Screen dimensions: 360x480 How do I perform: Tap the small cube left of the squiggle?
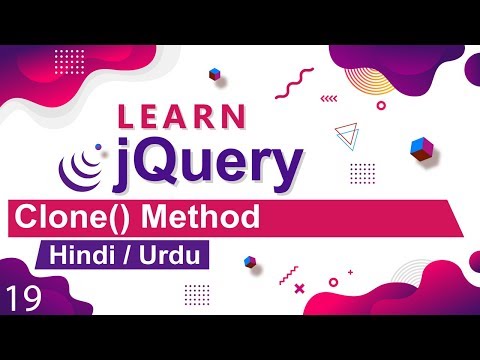point(214,74)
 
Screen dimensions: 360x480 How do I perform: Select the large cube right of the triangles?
point(420,149)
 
